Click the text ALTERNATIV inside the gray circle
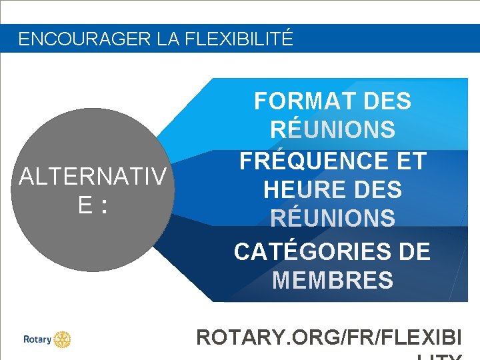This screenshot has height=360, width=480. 93,177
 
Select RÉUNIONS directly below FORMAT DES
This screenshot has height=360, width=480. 333,129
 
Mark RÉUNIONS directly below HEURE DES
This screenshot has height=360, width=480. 333,218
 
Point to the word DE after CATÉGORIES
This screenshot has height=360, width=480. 413,251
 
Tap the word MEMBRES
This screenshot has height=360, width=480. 333,280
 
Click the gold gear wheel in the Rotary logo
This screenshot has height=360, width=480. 62,339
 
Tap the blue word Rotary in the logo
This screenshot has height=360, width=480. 37,339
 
